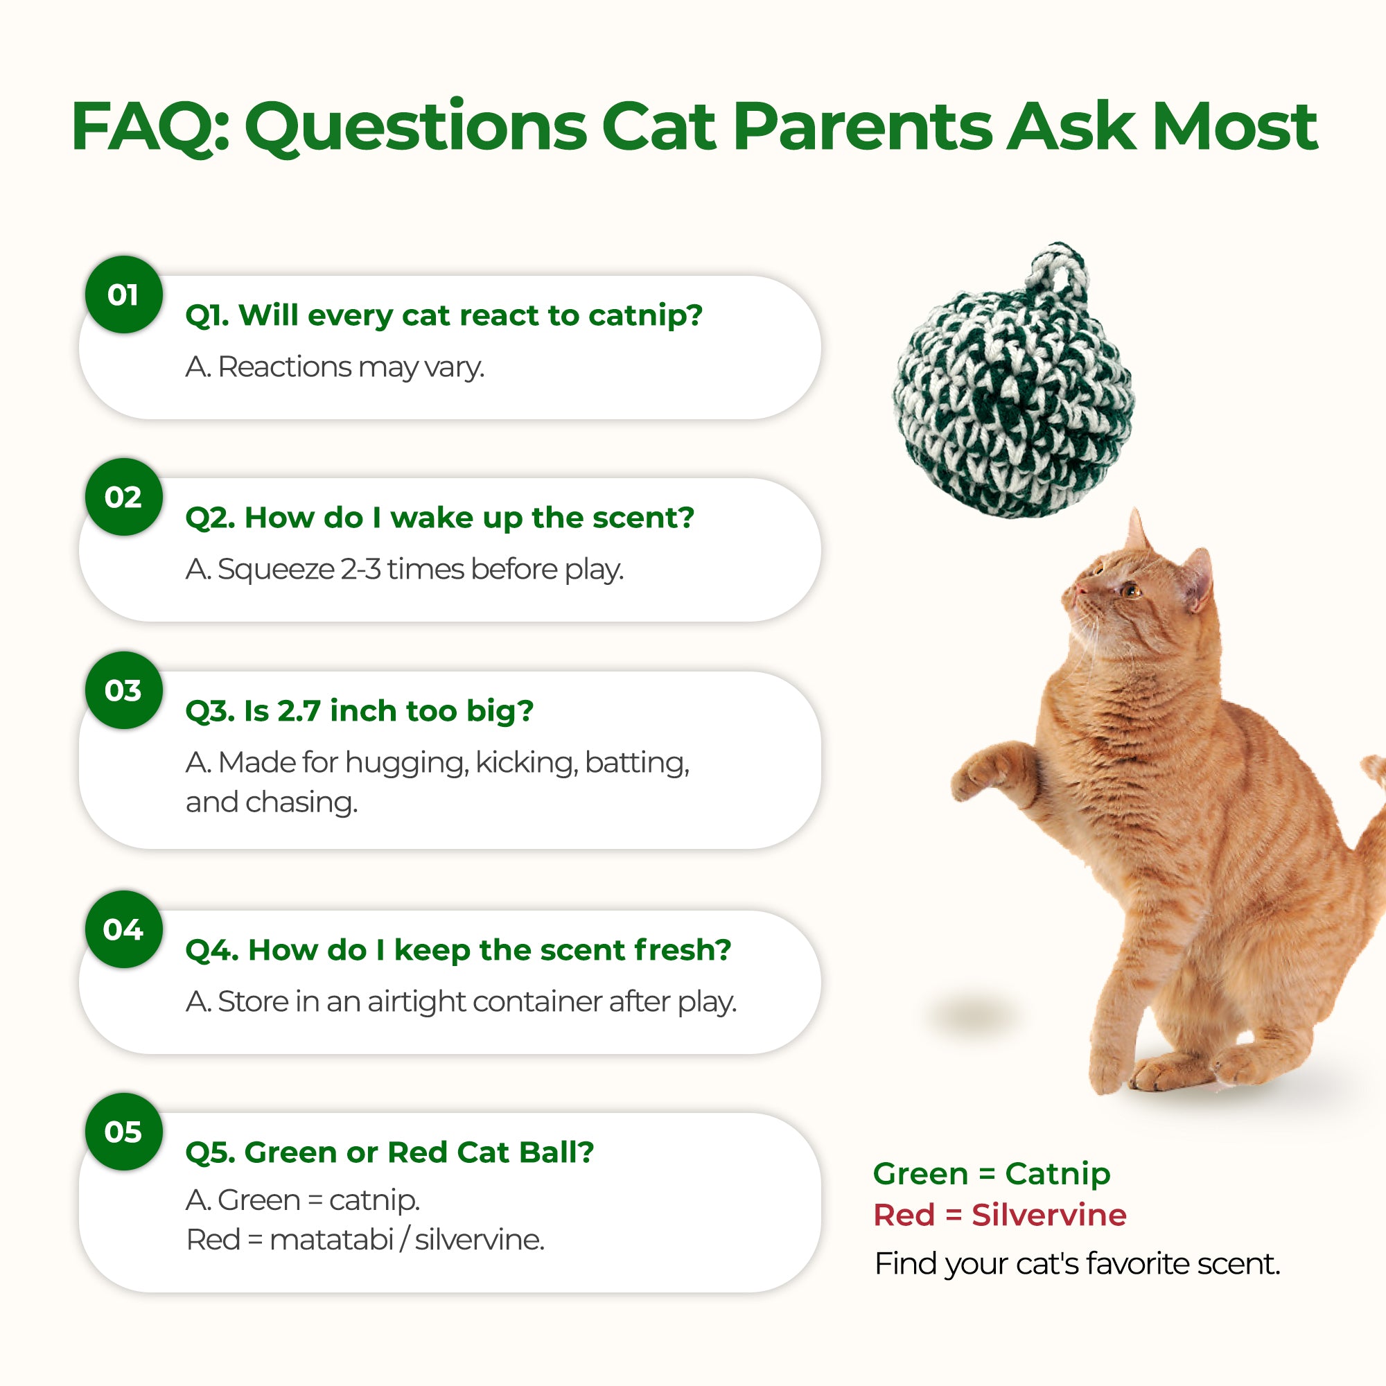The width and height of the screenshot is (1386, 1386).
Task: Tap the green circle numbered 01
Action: (x=123, y=294)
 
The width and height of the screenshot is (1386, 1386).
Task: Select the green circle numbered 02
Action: (x=123, y=496)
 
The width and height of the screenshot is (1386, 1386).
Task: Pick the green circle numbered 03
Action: (x=123, y=690)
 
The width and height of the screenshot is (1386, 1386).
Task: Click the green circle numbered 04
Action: (x=123, y=929)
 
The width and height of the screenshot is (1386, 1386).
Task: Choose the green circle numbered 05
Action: (x=123, y=1132)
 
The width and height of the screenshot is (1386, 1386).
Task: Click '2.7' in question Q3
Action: (x=299, y=711)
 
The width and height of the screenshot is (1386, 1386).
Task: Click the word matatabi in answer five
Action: (x=331, y=1239)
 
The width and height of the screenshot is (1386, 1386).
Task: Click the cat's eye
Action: (x=1132, y=590)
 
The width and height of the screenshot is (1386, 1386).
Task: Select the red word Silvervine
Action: (x=1049, y=1215)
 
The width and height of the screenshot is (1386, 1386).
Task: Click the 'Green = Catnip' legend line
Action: (x=992, y=1174)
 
